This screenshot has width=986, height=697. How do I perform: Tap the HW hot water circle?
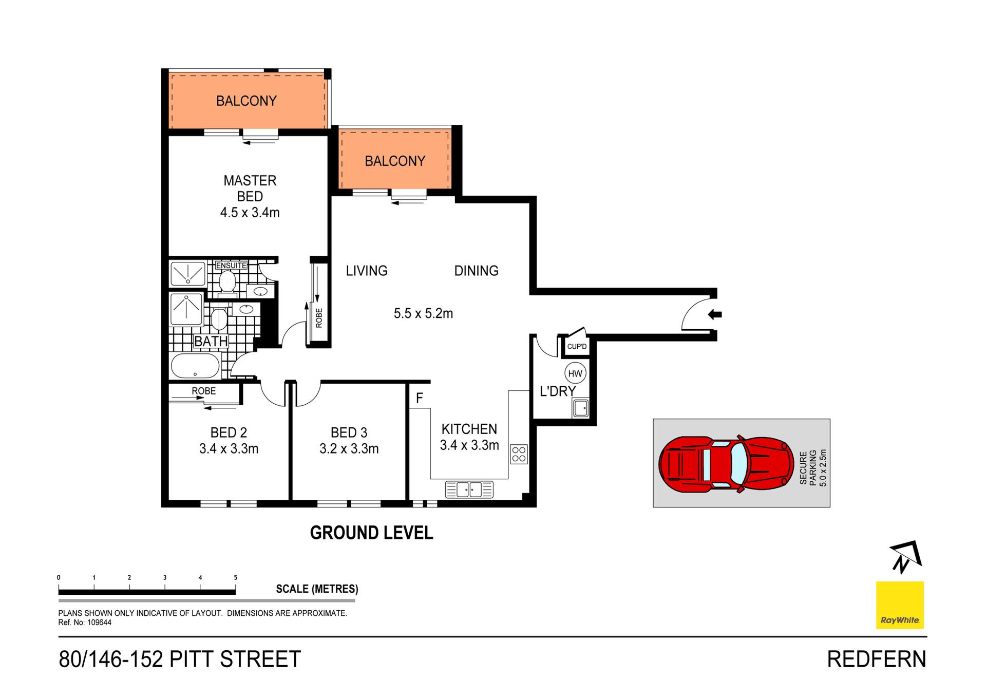tap(575, 373)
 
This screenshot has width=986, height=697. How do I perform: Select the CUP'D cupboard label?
tap(577, 347)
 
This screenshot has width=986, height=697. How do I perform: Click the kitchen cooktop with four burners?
tap(519, 454)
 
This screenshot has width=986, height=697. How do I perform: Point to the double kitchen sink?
tap(469, 489)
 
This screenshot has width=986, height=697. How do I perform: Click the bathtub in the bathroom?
tap(195, 366)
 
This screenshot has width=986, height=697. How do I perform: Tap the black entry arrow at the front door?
tap(715, 314)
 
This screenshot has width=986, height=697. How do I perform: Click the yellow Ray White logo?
tap(900, 605)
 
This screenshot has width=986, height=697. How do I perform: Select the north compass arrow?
tap(906, 556)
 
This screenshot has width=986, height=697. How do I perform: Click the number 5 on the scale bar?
tap(236, 578)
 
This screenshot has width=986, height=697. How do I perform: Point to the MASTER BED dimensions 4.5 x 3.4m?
tap(250, 213)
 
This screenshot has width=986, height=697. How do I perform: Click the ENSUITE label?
tap(231, 266)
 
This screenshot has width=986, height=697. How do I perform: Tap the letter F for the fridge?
tap(420, 398)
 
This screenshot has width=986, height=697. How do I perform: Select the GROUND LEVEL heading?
tap(371, 533)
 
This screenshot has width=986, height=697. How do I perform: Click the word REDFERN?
tap(877, 660)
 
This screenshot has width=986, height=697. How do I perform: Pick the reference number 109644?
tap(99, 623)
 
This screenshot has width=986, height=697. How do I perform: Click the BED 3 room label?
tap(349, 432)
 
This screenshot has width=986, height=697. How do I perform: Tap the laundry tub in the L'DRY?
tap(581, 409)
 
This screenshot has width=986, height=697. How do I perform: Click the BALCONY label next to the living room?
tap(395, 161)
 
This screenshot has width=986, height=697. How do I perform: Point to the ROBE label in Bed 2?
tap(204, 391)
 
